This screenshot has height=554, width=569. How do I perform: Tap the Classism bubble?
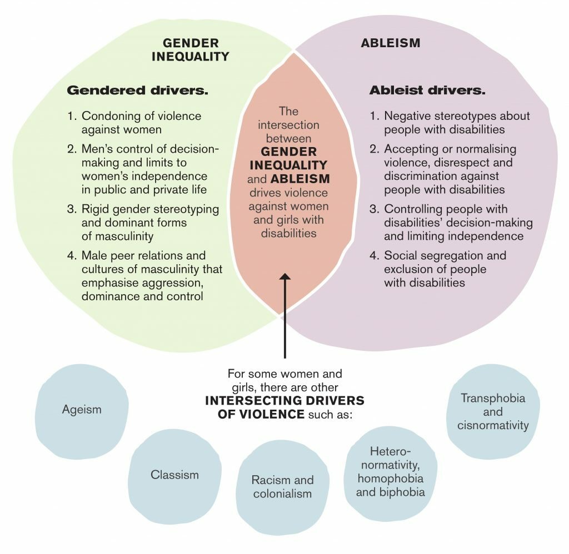pyautogui.click(x=174, y=475)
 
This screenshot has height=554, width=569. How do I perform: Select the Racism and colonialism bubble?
pyautogui.click(x=282, y=487)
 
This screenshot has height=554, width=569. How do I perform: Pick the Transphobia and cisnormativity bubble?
pyautogui.click(x=493, y=412)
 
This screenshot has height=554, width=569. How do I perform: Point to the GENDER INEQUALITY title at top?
pyautogui.click(x=190, y=49)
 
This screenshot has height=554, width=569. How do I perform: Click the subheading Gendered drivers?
pyautogui.click(x=137, y=89)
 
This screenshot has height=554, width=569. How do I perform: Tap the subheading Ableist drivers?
pyautogui.click(x=427, y=89)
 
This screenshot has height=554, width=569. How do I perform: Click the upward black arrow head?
pyautogui.click(x=284, y=277)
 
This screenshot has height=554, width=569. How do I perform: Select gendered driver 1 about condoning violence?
pyautogui.click(x=141, y=123)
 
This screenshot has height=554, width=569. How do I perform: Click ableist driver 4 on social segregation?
pyautogui.click(x=445, y=269)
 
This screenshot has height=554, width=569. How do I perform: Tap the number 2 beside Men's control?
pyautogui.click(x=71, y=149)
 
